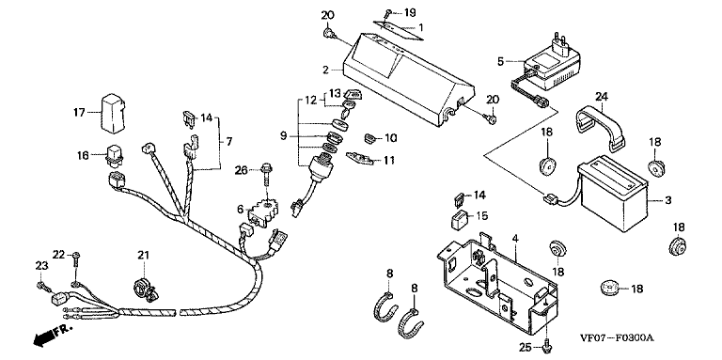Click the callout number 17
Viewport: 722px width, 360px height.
tap(79, 112)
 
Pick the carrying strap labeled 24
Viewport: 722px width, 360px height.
tap(599, 128)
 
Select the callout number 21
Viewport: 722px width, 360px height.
tap(143, 255)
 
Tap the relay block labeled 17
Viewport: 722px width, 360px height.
tap(112, 114)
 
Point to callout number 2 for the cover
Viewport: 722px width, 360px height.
tap(325, 70)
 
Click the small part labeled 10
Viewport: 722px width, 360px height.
tap(370, 137)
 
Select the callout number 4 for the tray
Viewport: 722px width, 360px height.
tap(515, 239)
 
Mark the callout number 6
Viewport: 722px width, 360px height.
tap(240, 209)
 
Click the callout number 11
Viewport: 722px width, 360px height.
tap(389, 160)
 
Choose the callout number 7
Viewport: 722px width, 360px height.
tap(228, 142)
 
